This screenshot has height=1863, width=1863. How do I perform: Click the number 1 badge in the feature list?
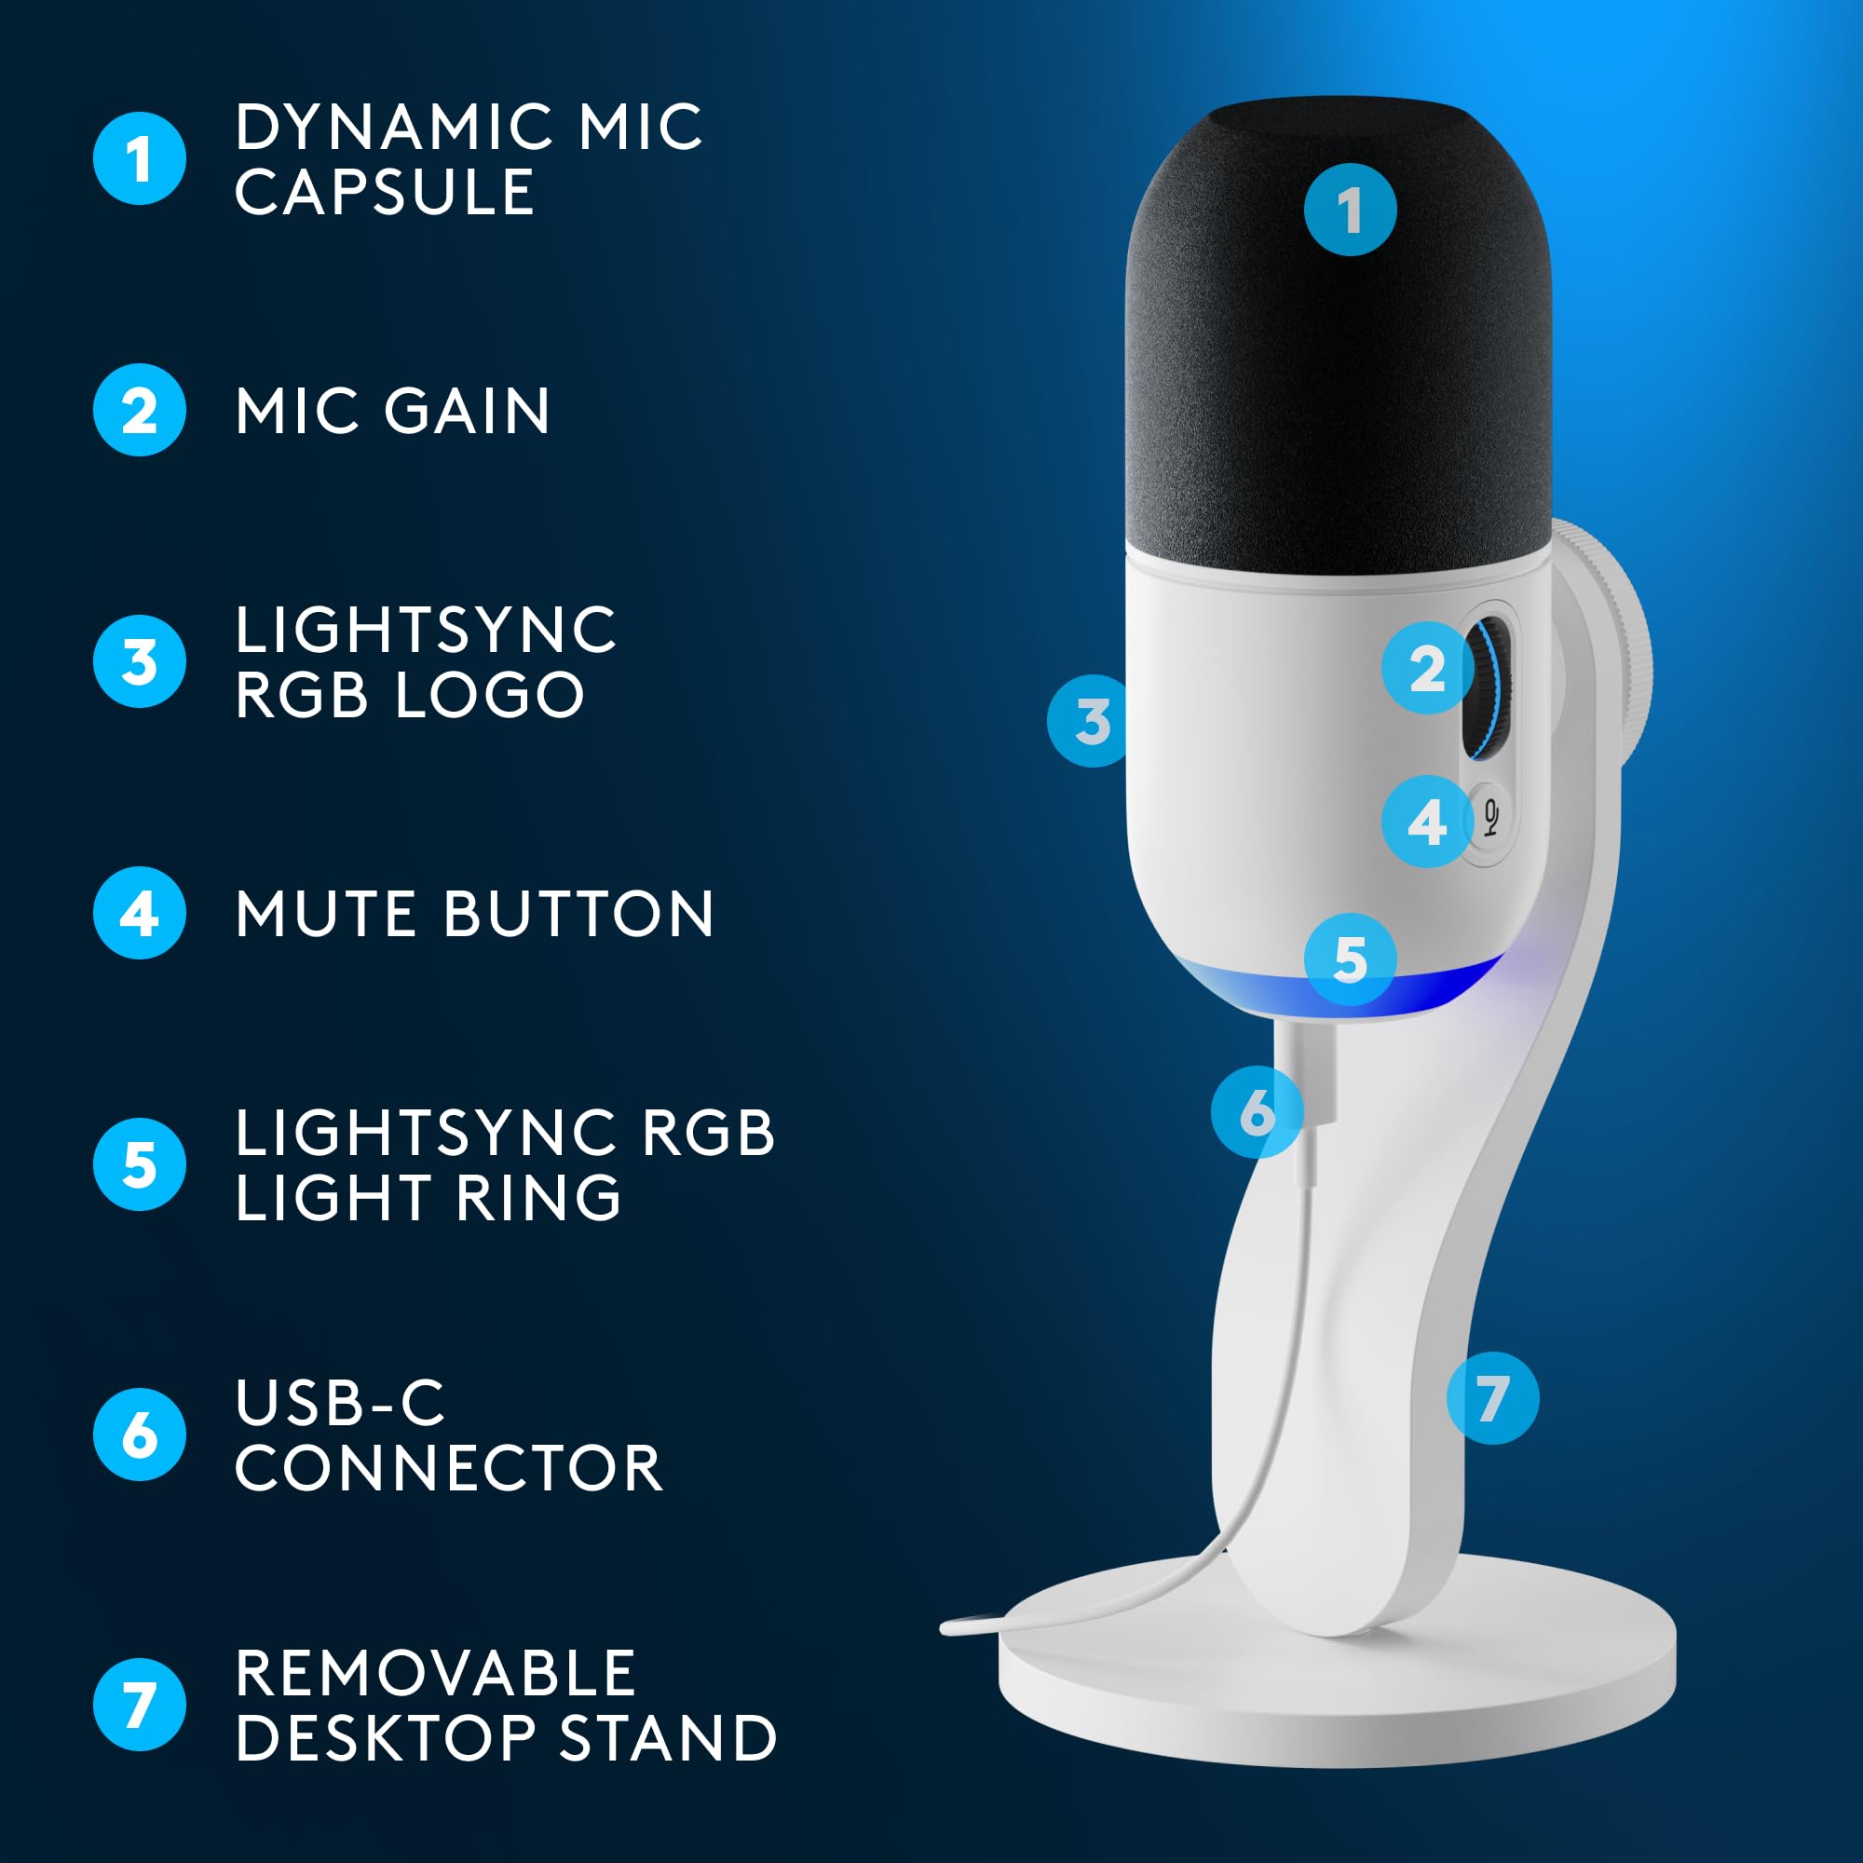point(139,159)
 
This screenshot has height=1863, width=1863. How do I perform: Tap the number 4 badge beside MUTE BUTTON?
point(139,912)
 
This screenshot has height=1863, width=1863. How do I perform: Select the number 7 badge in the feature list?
point(139,1705)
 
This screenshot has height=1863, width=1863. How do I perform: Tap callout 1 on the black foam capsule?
point(1350,210)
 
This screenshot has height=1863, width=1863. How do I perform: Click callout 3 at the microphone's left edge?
point(1092,720)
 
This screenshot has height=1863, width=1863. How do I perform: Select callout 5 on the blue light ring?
point(1350,959)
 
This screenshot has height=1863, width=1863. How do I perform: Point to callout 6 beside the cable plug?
point(1257,1111)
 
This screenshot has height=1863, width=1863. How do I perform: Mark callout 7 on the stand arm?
point(1491,1397)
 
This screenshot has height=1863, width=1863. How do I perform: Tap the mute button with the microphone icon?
point(1490,819)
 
